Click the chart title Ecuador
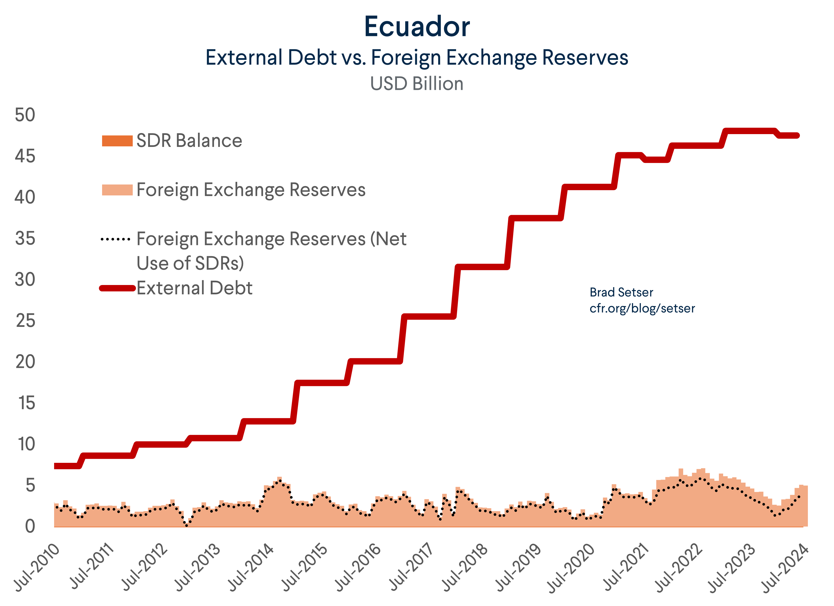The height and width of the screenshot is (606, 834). [417, 27]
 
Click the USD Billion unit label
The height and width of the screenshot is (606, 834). [417, 84]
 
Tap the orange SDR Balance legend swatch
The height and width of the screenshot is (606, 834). [117, 141]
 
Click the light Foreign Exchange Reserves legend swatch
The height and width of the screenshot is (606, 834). [117, 190]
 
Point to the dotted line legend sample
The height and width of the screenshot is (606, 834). [115, 239]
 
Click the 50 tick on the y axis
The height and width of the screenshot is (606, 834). [25, 115]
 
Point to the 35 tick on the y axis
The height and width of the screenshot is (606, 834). [25, 239]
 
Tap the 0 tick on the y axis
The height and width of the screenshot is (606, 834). [30, 527]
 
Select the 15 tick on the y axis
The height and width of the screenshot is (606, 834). [26, 403]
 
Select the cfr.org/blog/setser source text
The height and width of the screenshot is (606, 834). [642, 308]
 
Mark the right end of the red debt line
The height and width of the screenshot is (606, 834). [797, 136]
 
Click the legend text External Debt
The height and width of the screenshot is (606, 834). [195, 288]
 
